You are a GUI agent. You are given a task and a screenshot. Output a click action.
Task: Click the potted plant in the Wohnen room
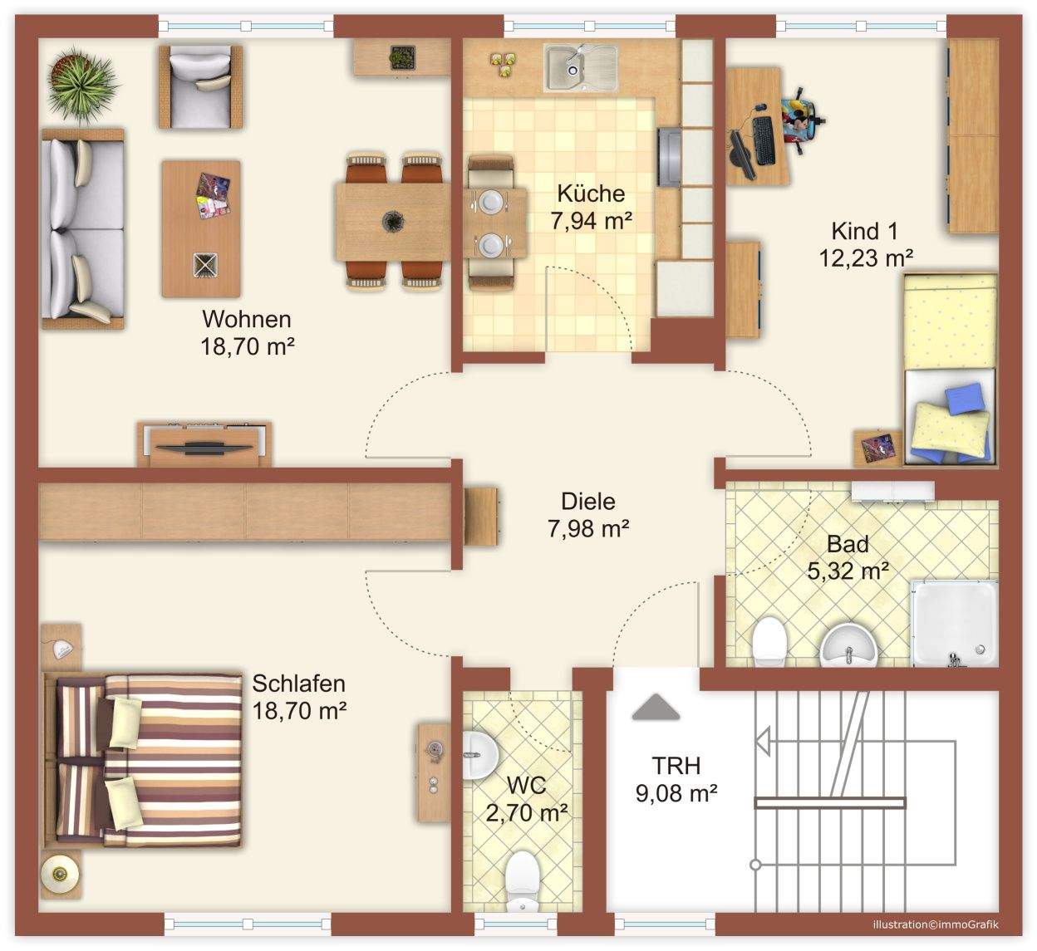point(83,86)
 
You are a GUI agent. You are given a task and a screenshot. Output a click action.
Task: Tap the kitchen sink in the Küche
point(581,67)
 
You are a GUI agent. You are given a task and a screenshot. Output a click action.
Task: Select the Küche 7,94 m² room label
point(591,207)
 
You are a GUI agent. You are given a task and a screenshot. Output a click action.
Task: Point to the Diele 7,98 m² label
point(588,515)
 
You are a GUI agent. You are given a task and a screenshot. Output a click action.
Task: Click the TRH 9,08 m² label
point(676,779)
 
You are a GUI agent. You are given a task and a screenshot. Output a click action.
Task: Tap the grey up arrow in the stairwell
point(656,707)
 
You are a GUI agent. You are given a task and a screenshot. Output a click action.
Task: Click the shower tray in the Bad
point(954,623)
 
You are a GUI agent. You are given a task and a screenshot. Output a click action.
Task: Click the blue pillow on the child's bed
point(964,399)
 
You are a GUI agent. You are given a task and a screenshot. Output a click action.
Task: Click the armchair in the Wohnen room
point(200,86)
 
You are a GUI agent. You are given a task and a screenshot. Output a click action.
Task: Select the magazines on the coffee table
point(213,195)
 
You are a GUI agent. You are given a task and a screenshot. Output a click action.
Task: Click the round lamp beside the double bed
point(61,875)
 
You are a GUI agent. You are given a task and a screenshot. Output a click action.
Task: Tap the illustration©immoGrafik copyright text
point(936,924)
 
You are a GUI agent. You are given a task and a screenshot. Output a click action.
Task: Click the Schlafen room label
point(299,697)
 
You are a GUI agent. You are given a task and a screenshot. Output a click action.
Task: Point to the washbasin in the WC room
point(480,755)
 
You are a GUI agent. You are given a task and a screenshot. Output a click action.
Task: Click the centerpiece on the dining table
point(393,221)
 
